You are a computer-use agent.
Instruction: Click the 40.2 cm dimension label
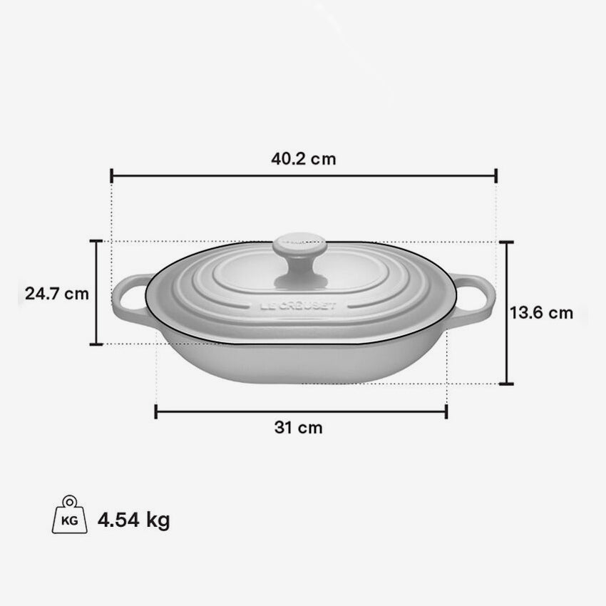pyautogui.click(x=302, y=159)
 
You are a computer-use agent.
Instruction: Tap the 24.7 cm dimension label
pyautogui.click(x=56, y=293)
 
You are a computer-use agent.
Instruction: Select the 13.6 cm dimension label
pyautogui.click(x=541, y=312)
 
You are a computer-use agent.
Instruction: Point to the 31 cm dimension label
pyautogui.click(x=298, y=428)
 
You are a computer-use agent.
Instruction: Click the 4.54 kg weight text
pyautogui.click(x=134, y=519)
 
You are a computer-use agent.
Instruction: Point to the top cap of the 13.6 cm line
pyautogui.click(x=506, y=242)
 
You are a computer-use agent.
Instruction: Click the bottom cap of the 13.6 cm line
pyautogui.click(x=506, y=384)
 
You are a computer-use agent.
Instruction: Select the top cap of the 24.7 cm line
pyautogui.click(x=96, y=241)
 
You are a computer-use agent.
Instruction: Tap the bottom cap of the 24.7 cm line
pyautogui.click(x=96, y=344)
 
